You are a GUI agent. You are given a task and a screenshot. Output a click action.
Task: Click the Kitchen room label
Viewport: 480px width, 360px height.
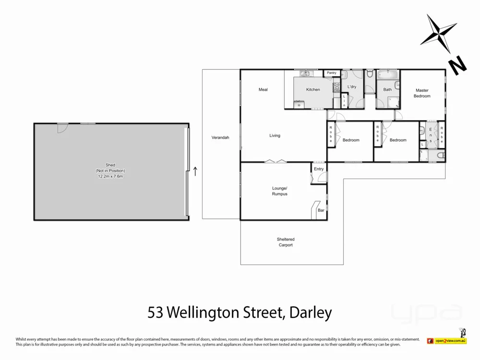click(313, 90)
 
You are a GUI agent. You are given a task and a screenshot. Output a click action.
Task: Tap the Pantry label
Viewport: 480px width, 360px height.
click(332, 73)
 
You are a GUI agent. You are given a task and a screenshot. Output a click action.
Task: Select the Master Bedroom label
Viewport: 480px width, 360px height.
click(422, 93)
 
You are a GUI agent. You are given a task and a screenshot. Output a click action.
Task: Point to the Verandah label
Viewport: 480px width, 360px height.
click(220, 138)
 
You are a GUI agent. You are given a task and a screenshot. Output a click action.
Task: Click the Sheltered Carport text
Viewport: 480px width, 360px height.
click(286, 242)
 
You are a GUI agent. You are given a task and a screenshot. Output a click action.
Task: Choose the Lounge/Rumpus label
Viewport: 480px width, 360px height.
click(279, 191)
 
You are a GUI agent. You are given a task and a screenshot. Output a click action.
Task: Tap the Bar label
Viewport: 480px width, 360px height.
click(320, 210)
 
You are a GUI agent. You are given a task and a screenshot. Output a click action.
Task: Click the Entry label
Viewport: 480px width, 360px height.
click(319, 169)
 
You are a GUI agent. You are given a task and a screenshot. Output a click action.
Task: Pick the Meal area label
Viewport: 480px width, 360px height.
click(263, 90)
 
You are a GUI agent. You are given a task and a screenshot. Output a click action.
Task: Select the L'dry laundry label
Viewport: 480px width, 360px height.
click(351, 87)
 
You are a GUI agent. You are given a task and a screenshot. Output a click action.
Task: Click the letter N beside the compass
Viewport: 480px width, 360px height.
click(457, 64)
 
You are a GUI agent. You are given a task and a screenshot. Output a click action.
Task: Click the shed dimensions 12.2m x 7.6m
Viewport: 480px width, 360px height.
click(111, 177)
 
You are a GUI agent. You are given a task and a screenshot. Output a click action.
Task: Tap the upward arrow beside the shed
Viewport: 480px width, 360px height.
click(195, 171)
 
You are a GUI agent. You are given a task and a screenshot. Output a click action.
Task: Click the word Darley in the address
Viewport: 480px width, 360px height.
click(311, 313)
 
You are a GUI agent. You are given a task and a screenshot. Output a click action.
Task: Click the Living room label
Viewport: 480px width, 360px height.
click(275, 136)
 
